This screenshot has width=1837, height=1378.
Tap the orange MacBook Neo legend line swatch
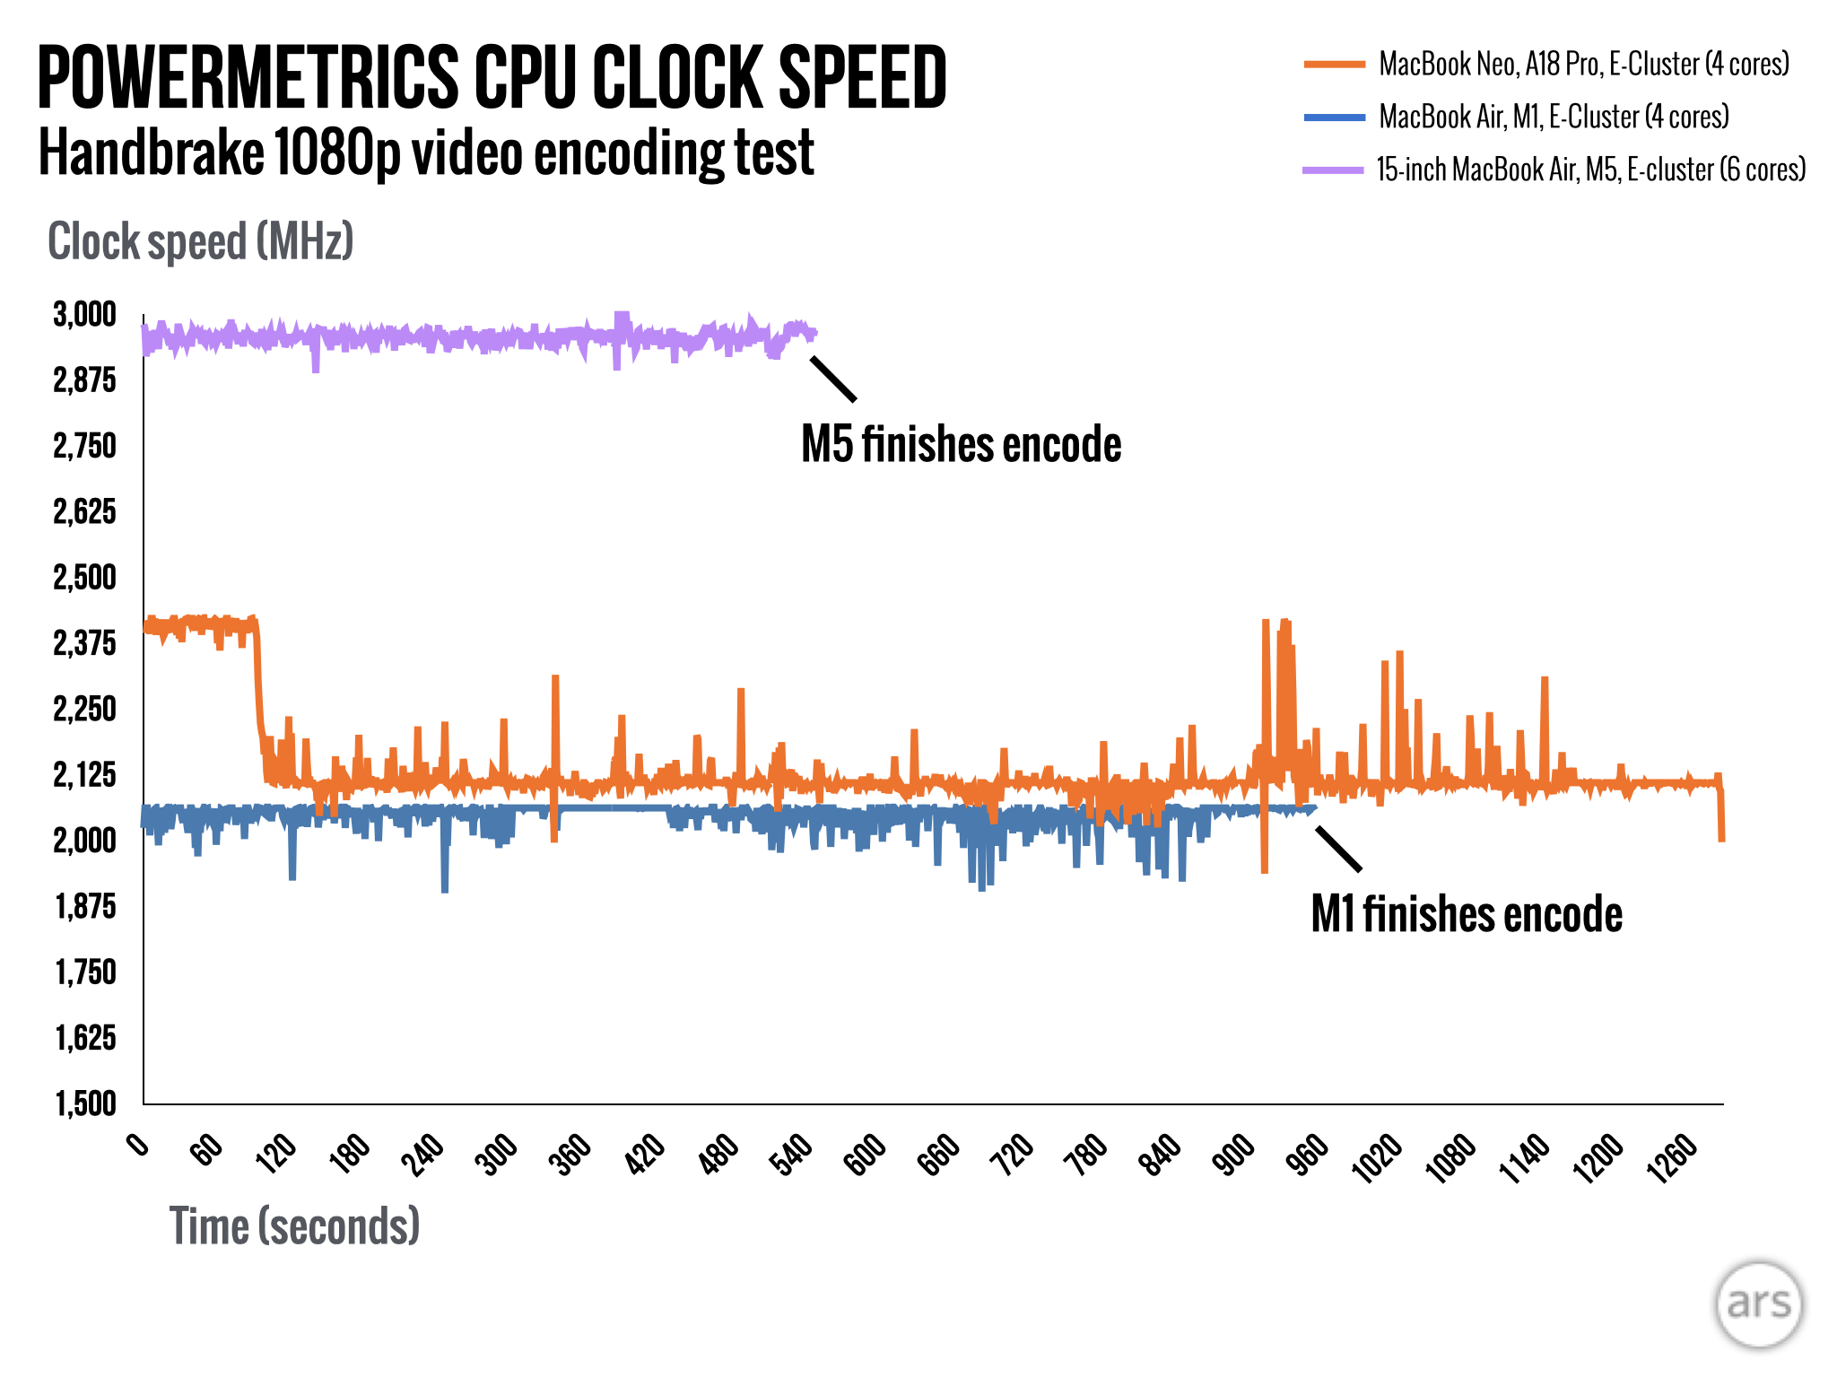point(1335,64)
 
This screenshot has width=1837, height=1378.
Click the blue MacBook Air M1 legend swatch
point(1335,117)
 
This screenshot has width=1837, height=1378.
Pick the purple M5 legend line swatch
point(1333,170)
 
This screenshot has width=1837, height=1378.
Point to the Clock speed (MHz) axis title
point(201,241)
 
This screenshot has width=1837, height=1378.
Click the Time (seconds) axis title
point(294,1225)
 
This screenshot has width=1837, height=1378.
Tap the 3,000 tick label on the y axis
point(85,315)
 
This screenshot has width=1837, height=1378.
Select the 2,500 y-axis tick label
point(85,578)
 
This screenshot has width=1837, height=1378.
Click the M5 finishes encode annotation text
point(961,445)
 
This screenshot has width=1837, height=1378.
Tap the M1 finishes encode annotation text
point(1467,915)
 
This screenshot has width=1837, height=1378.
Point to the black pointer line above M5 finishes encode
point(833,379)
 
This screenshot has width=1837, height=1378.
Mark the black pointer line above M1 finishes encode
point(1338,848)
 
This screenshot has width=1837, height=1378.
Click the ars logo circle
point(1759,1305)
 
